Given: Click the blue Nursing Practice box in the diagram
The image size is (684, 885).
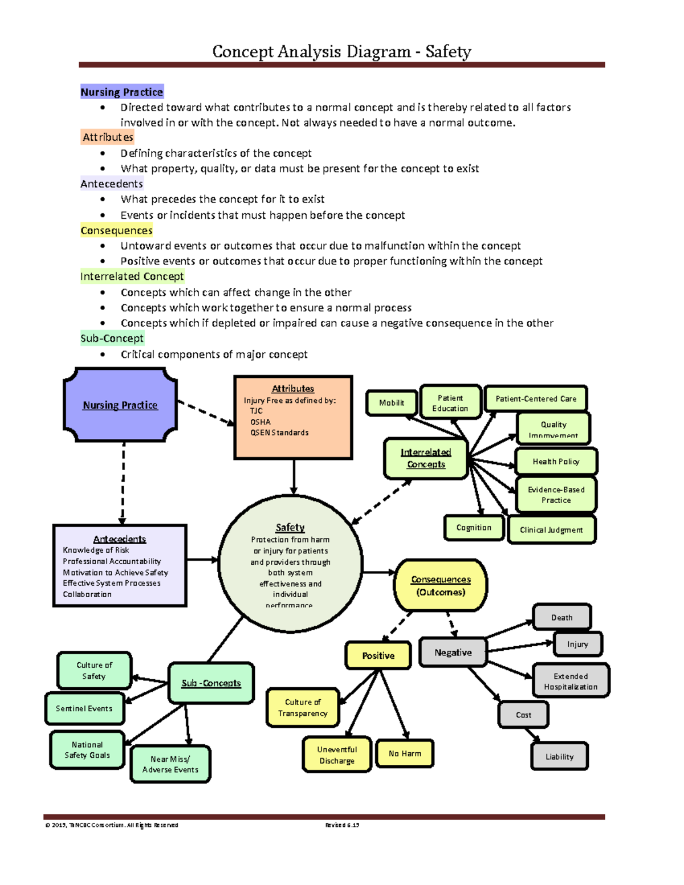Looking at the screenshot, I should click(x=120, y=405).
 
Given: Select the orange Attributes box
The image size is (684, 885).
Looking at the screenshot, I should click(x=293, y=417).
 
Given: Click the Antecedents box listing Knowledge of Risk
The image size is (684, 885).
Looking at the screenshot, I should click(x=120, y=565).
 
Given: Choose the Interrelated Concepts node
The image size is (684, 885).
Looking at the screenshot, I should click(x=425, y=458).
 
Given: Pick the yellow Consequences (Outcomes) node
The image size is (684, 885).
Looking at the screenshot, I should click(x=441, y=585).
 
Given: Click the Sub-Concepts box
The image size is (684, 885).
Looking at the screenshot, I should click(x=211, y=683).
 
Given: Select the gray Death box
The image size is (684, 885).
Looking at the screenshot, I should click(x=561, y=617).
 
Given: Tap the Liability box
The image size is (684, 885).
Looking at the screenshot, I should click(x=559, y=756).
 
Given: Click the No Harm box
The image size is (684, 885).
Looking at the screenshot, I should click(x=405, y=753).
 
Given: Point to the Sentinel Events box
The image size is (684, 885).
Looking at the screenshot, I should click(x=84, y=708).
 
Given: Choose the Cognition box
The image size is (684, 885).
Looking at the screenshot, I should click(x=474, y=528).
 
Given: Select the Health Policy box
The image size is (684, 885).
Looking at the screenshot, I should click(x=556, y=462).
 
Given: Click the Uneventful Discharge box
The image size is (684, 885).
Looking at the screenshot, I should click(x=337, y=755).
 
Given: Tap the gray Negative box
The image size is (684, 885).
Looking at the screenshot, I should click(x=453, y=652).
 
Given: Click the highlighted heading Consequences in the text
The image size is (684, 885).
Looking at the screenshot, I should click(x=116, y=230).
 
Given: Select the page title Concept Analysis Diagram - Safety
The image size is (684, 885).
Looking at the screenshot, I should click(x=341, y=51).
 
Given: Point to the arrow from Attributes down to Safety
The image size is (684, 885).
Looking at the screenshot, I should click(x=294, y=477).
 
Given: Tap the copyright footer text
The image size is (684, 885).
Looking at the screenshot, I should click(x=112, y=825).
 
